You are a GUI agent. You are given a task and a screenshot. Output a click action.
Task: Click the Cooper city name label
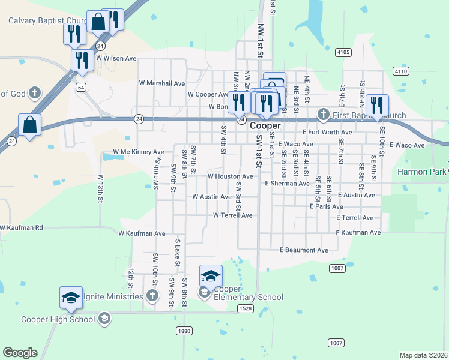pos(265,126)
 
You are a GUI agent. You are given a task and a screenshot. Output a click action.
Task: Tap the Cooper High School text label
pos(58,319)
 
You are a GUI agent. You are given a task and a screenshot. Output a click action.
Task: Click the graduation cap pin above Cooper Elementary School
pos(211,276)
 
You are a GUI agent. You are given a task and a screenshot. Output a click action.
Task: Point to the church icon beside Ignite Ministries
pos(153,296)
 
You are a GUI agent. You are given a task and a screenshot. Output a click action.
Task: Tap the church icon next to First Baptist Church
pos(323,114)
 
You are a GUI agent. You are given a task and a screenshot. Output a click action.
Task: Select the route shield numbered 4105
pos(343,53)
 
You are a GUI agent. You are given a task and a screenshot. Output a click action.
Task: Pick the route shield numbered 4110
pos(401,71)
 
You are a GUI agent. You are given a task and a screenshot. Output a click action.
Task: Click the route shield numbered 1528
pos(245,308)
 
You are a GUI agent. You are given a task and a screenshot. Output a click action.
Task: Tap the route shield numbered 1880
pos(185,331)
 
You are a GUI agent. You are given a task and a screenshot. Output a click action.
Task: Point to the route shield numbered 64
pos(80,87)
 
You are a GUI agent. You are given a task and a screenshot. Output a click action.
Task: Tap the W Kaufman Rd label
pos(22,228)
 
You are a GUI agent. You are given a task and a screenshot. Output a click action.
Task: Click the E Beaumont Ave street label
pos(304,250)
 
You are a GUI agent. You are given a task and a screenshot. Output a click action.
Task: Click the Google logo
pos(20,353)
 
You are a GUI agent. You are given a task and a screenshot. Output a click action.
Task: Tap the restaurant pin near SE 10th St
pos(377,106)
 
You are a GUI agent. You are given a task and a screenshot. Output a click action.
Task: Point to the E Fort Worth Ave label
pos(327,132)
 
